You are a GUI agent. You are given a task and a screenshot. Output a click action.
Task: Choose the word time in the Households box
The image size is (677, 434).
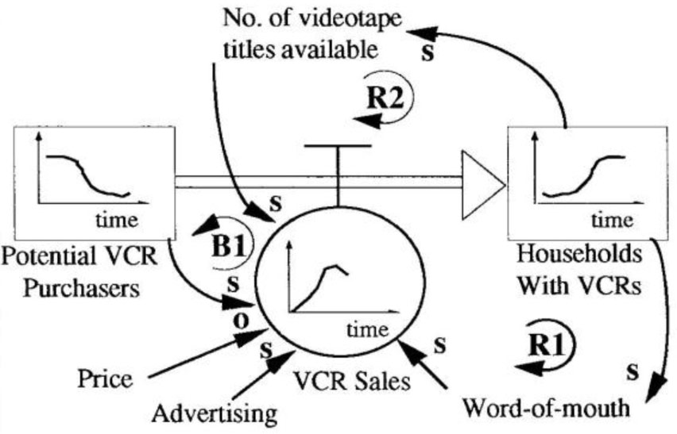612,219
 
